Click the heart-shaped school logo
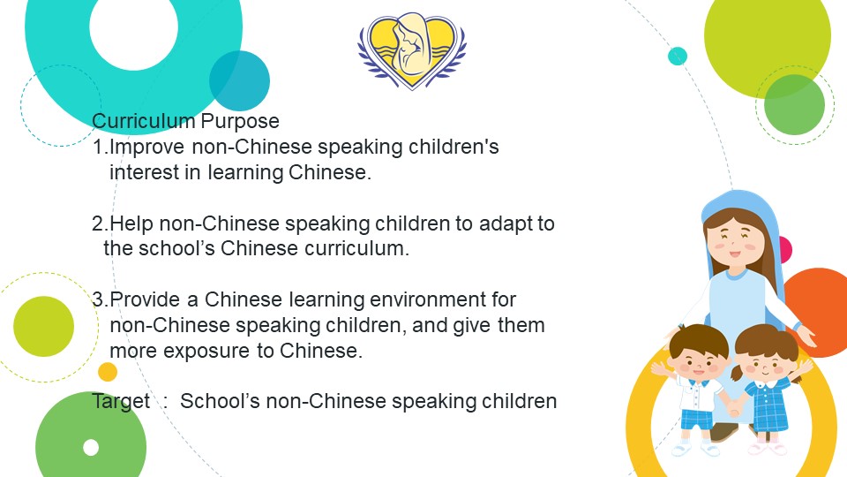click(x=412, y=50)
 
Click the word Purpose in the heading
click(x=240, y=121)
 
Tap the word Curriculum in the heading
click(x=143, y=121)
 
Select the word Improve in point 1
click(x=147, y=148)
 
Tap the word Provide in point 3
click(x=145, y=299)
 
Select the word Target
click(x=121, y=402)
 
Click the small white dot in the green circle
click(x=91, y=447)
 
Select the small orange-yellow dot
click(x=108, y=372)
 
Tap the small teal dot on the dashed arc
click(x=678, y=56)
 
